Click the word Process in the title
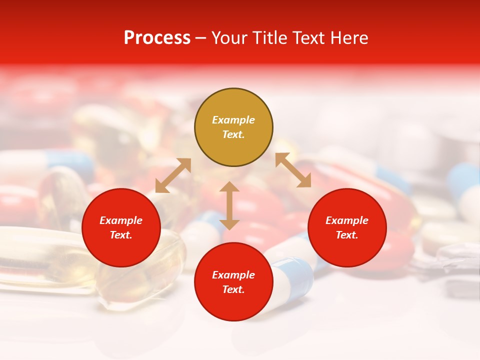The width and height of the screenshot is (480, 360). [157, 38]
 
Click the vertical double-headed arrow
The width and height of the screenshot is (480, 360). [229, 205]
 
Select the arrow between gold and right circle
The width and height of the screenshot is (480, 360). [293, 170]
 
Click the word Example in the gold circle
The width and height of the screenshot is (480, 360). [233, 120]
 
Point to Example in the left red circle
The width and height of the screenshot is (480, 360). [121, 220]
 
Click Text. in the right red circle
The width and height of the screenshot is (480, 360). [347, 235]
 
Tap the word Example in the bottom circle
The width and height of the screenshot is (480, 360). [233, 275]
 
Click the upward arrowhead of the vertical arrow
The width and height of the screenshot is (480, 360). [229, 186]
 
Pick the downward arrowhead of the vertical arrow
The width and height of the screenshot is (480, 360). [229, 224]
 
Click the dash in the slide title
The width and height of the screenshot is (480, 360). [201, 38]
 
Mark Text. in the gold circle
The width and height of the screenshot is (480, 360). [233, 134]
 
